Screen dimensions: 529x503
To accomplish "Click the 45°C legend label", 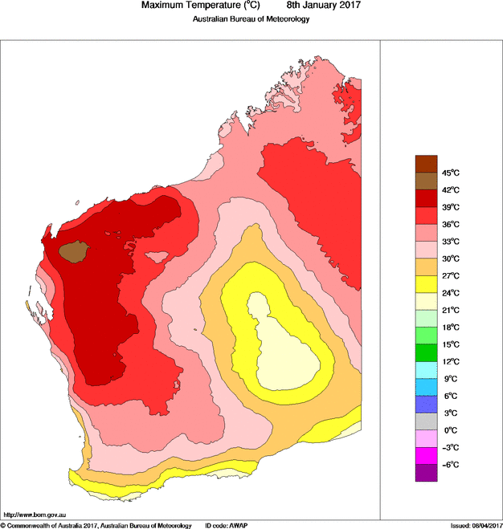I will click(x=449, y=173).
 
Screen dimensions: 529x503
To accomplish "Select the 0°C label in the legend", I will click(x=449, y=430).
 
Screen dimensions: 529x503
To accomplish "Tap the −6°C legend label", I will click(x=449, y=465).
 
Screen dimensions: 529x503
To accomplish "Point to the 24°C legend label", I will click(x=449, y=293).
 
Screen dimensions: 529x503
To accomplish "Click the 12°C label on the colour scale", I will click(x=449, y=361).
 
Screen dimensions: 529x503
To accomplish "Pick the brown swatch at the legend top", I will click(x=426, y=164).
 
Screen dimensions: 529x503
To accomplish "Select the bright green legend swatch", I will click(x=426, y=352).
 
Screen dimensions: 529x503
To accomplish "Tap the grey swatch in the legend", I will click(x=426, y=421).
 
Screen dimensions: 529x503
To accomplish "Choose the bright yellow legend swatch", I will click(x=426, y=283).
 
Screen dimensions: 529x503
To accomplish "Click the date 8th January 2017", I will click(x=318, y=6).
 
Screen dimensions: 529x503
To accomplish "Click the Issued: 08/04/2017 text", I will click(x=476, y=525).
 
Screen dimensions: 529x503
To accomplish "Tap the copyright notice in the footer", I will click(x=96, y=525).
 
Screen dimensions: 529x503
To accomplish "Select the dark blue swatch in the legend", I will click(x=426, y=404).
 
